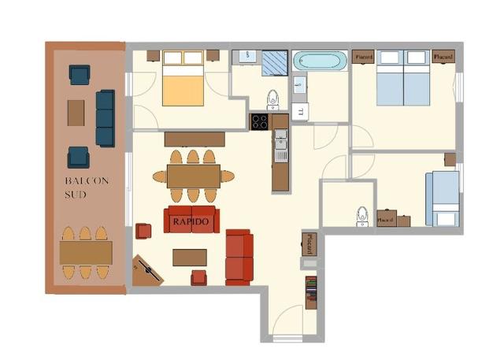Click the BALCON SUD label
87,187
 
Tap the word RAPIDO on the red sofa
191,221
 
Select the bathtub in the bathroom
319,61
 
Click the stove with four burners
260,121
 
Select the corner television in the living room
148,270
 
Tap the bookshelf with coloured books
311,292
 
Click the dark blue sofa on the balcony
105,118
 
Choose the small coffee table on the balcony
76,113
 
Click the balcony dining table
86,253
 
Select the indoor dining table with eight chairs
193,176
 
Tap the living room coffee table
190,258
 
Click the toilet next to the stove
272,98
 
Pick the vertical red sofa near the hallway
239,256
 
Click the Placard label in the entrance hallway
311,239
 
